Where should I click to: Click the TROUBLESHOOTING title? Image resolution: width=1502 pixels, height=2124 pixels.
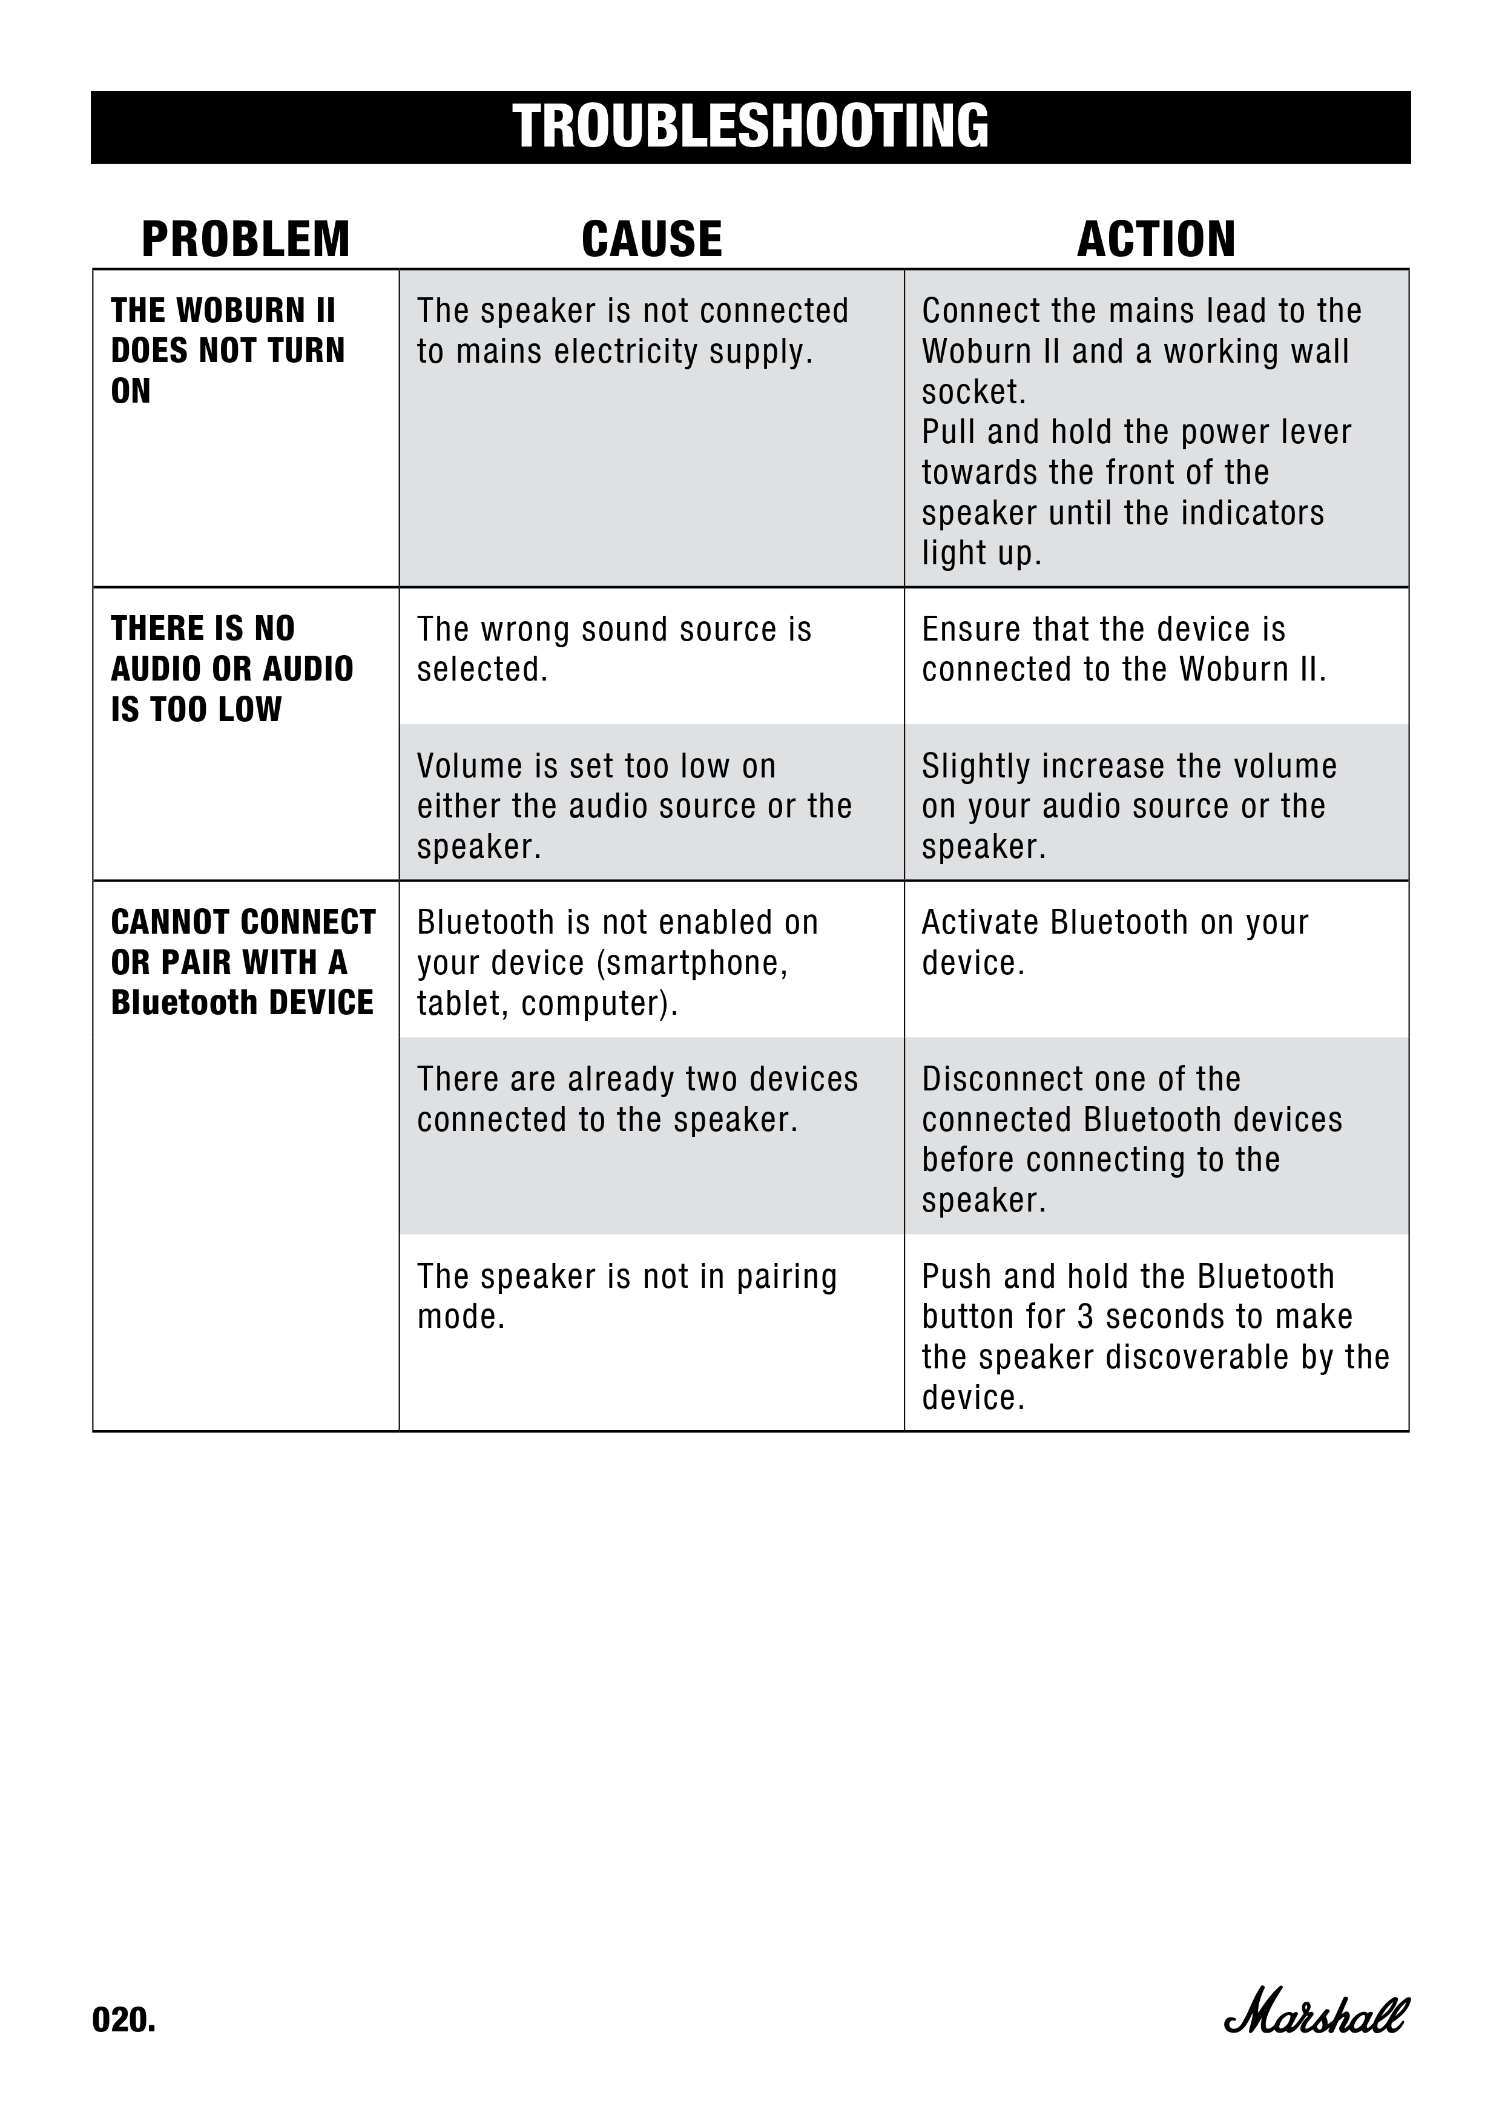click(x=750, y=127)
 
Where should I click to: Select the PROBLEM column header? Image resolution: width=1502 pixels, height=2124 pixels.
click(x=245, y=240)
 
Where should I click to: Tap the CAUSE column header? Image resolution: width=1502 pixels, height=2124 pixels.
click(x=651, y=240)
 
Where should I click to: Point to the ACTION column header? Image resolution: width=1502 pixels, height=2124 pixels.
click(x=1156, y=240)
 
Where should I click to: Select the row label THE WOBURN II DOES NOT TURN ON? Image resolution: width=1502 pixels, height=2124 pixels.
click(x=228, y=351)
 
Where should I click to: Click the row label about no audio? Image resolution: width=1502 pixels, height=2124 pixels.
click(x=231, y=669)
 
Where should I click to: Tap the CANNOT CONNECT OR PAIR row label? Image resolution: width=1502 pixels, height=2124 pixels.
click(x=242, y=962)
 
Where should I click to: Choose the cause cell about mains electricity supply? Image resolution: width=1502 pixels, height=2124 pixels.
click(x=633, y=331)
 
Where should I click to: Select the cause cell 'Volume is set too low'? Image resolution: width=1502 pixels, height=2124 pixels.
click(x=634, y=806)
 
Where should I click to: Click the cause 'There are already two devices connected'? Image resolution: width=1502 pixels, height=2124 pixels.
click(x=637, y=1099)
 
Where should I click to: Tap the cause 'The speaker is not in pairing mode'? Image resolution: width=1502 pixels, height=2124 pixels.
click(x=627, y=1296)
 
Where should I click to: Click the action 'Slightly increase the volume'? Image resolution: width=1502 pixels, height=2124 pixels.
click(x=1128, y=806)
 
